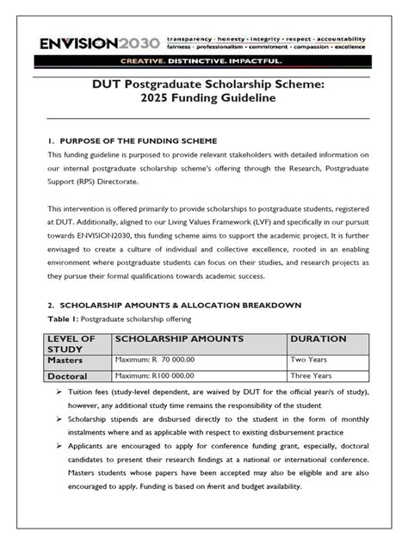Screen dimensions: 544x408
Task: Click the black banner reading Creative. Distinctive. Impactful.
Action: tap(204, 60)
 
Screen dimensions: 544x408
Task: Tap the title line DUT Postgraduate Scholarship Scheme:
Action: tap(204, 83)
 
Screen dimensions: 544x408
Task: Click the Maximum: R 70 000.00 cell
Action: tap(154, 362)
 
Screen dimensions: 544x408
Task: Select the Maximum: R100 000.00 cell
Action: tap(154, 376)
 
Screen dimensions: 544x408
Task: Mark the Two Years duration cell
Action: tap(312, 362)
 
